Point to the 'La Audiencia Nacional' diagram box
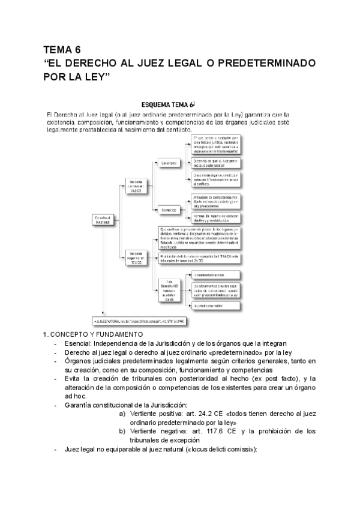(217, 275)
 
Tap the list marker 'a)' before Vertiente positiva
(122, 414)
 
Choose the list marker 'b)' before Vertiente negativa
(122, 432)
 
